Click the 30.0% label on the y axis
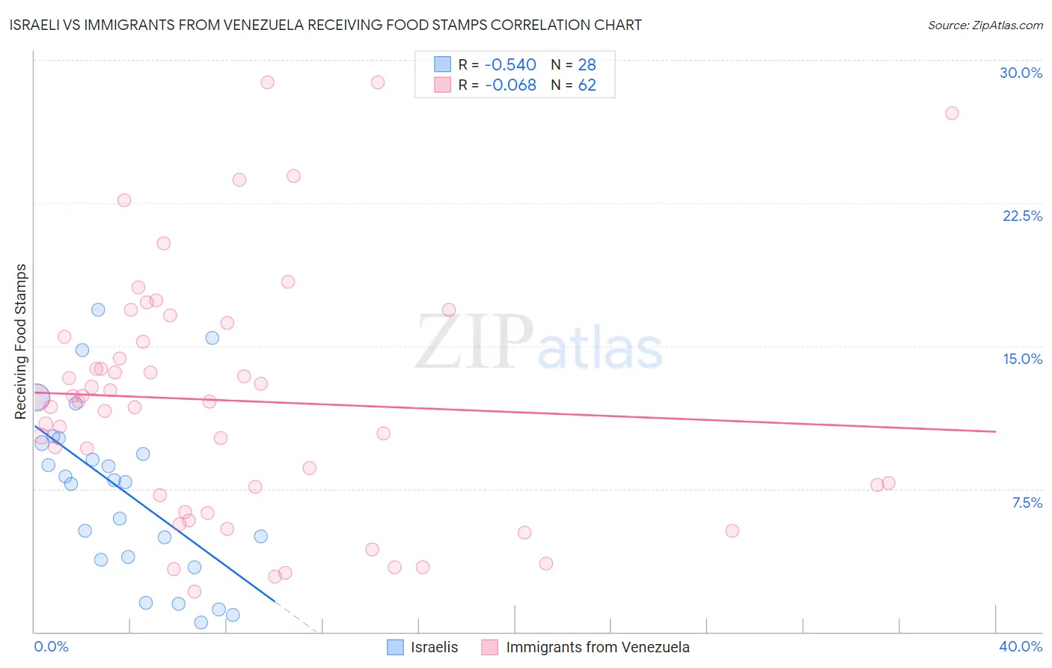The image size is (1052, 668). (1021, 73)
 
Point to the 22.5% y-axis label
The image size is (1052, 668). (1022, 216)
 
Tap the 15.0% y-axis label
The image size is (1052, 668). (1022, 359)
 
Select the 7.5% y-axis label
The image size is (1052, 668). (1027, 502)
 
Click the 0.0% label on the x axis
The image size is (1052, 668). (51, 646)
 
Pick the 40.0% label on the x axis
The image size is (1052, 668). (1020, 646)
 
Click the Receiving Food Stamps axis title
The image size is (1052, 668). (21, 341)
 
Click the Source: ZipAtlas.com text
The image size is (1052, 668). (985, 25)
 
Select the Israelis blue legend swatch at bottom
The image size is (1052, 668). (395, 647)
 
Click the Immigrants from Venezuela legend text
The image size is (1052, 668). (597, 647)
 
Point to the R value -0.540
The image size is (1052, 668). (510, 64)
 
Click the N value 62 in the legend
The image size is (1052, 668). (587, 85)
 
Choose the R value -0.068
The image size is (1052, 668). (510, 85)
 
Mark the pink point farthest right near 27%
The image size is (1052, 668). (952, 113)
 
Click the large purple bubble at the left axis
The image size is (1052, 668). (35, 398)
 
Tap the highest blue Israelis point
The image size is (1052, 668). (98, 310)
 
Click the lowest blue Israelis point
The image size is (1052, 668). (201, 622)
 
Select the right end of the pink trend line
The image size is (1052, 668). (995, 431)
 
